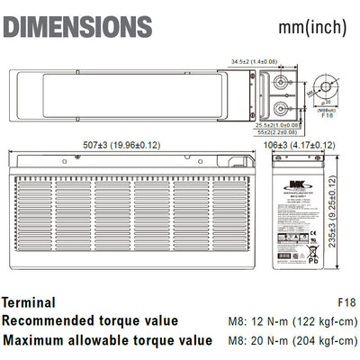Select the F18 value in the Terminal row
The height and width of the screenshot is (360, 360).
(345, 302)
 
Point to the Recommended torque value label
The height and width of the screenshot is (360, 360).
(90, 321)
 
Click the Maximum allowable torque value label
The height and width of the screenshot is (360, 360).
(108, 341)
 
